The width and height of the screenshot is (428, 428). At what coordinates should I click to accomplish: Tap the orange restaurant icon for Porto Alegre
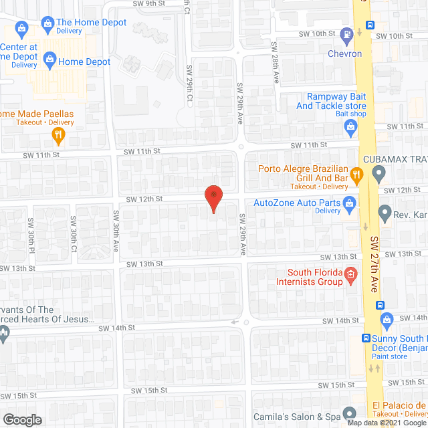[x=356, y=176]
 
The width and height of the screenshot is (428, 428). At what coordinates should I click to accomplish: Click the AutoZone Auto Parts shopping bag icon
[x=348, y=203]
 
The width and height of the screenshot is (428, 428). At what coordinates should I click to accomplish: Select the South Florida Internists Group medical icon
[x=349, y=274]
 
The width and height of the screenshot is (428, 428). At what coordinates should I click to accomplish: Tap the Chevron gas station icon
[x=346, y=34]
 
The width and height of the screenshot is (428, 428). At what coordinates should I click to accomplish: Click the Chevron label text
[x=344, y=53]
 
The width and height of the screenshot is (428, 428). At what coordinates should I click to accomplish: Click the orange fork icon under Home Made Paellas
[x=59, y=135]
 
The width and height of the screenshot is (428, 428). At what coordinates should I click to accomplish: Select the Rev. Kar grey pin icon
[x=385, y=214]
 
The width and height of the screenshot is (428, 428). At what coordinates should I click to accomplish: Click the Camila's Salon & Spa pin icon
[x=348, y=413]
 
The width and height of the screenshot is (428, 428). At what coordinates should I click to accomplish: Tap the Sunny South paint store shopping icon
[x=366, y=338]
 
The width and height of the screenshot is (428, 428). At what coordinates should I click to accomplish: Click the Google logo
[x=21, y=419]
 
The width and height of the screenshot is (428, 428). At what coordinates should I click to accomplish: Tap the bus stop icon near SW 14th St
[x=381, y=306]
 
